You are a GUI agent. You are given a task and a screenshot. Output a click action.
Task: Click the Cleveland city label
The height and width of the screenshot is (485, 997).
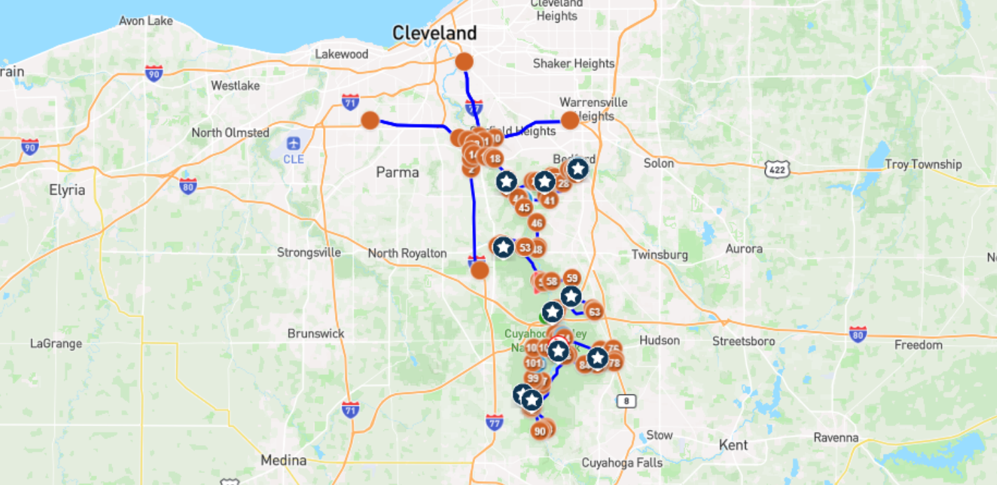[434, 33]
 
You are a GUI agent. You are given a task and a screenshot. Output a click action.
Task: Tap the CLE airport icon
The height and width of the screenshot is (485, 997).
[293, 143]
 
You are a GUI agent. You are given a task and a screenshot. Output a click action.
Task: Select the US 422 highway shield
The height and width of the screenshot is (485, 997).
[777, 169]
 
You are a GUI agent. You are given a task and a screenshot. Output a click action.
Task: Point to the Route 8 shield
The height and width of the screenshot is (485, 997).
[626, 401]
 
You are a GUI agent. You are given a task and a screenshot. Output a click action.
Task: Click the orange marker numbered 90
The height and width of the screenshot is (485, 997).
[539, 431]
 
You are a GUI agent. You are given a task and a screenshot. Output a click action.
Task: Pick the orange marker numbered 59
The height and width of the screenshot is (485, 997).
[571, 278]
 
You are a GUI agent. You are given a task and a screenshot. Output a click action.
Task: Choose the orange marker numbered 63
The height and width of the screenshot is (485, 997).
[594, 312]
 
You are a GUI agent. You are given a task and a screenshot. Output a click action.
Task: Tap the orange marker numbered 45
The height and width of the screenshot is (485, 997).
[524, 208]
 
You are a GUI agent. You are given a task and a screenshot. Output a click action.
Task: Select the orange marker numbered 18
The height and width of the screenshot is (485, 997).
[494, 159]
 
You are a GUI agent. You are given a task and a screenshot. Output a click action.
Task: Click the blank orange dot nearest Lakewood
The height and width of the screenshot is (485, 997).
[370, 120]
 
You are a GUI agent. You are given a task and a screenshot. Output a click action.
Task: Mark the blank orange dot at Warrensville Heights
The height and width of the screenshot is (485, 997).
[570, 120]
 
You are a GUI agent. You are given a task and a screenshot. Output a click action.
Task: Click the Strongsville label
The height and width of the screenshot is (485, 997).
[308, 253]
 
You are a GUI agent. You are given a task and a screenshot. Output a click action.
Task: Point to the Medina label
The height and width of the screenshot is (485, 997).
[283, 460]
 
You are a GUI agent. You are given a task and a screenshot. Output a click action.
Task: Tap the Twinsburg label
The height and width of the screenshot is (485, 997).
[659, 254]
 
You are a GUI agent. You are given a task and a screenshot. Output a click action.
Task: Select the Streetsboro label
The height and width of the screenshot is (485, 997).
[744, 341]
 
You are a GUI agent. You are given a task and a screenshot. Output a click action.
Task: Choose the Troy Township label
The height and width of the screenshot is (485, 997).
[923, 164]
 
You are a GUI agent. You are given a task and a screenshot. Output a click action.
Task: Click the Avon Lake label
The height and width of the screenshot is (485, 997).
[145, 21]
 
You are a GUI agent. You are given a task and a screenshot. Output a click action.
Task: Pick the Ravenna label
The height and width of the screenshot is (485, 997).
[836, 437]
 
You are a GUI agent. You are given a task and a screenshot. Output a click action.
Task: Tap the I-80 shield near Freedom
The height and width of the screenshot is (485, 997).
[858, 334]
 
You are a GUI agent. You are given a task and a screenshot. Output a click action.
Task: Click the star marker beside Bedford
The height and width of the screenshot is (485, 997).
[578, 169]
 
